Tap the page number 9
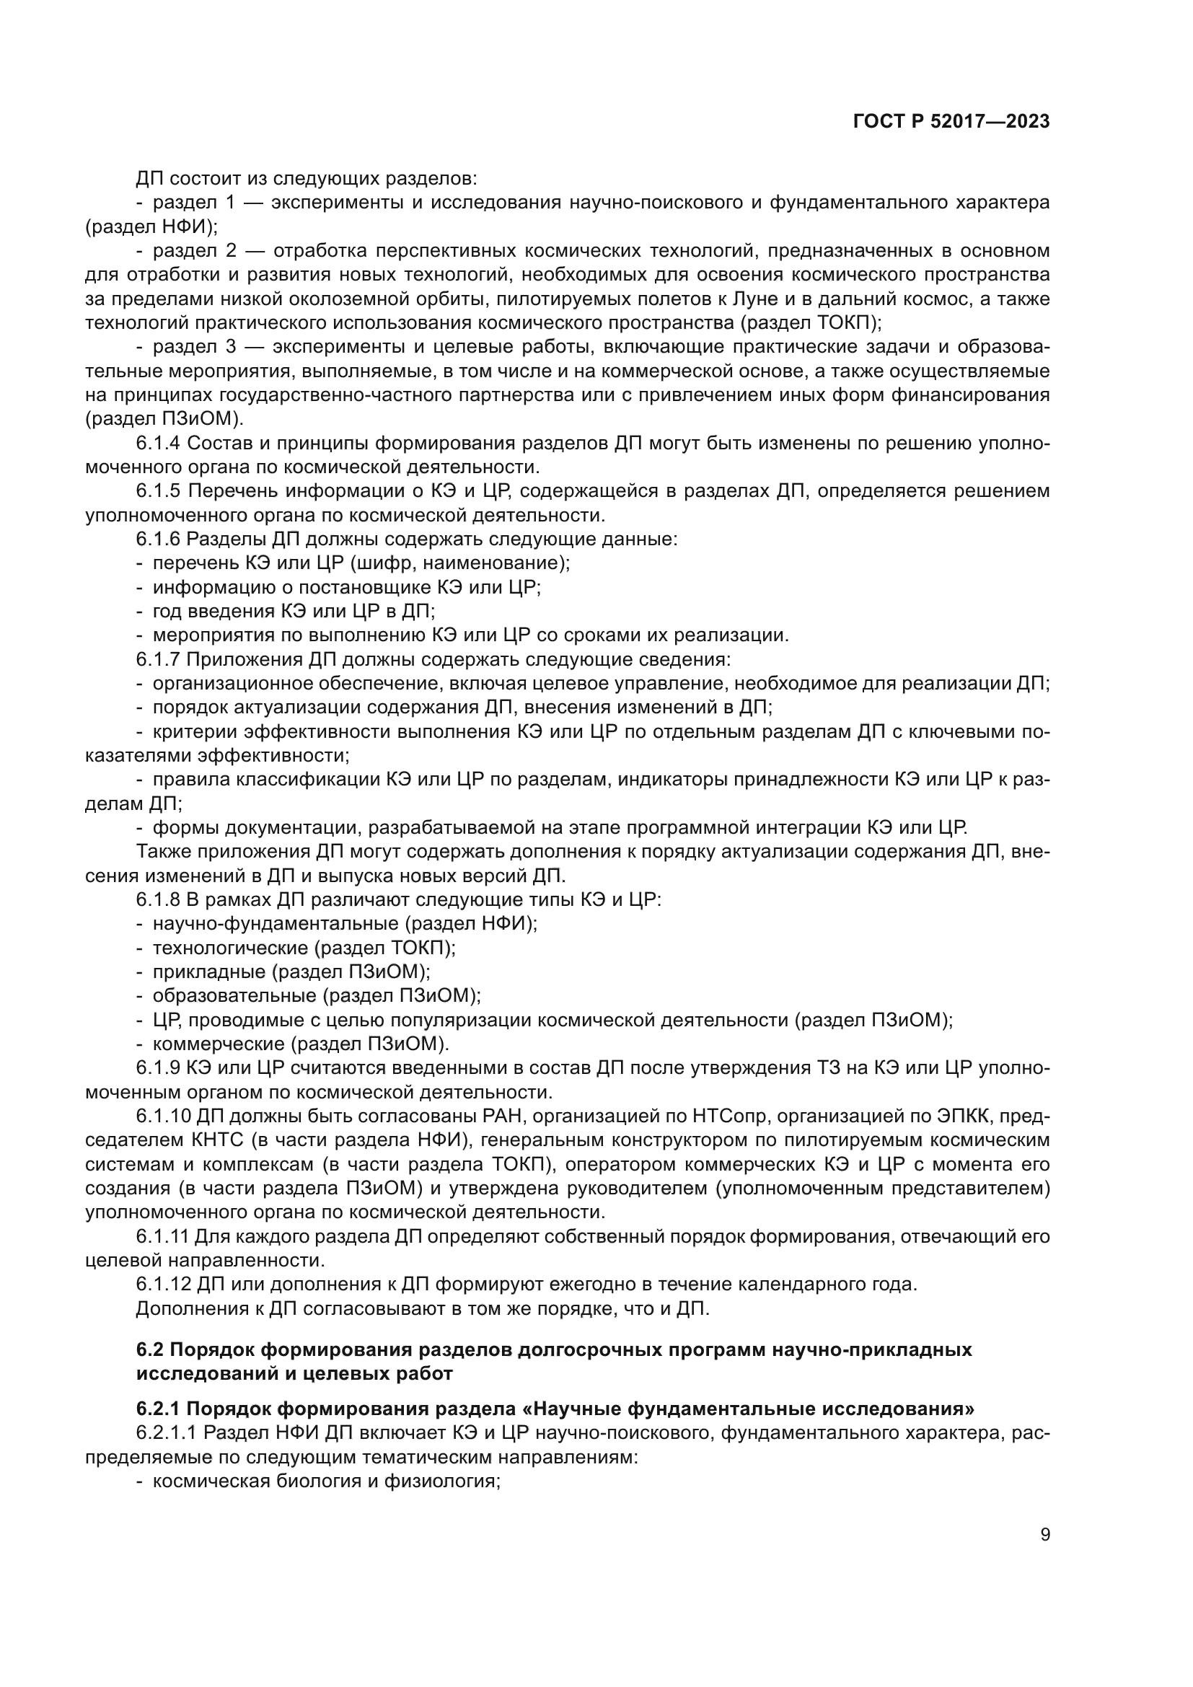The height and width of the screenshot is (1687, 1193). (x=1045, y=1535)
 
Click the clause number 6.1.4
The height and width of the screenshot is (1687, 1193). (x=158, y=444)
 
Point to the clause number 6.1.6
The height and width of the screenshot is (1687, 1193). (x=158, y=539)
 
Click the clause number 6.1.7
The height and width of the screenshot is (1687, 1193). (x=158, y=659)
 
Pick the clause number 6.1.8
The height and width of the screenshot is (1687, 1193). (x=158, y=900)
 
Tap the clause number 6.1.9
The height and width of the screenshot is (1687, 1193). (x=158, y=1068)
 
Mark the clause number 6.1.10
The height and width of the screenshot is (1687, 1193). (x=163, y=1116)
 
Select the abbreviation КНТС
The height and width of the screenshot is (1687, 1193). (x=214, y=1141)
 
